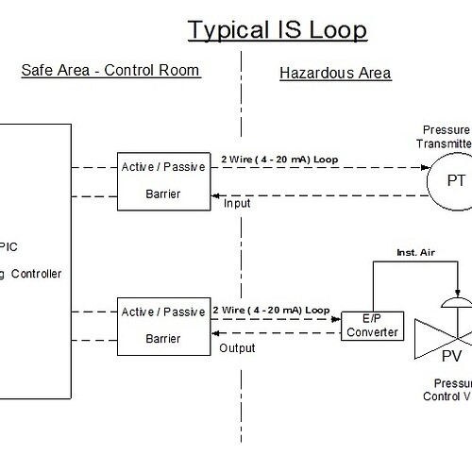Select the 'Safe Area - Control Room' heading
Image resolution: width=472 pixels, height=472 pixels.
pyautogui.click(x=110, y=72)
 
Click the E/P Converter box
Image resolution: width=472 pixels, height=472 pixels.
pyautogui.click(x=370, y=326)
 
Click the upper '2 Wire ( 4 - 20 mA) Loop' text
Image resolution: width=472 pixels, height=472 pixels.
pyautogui.click(x=276, y=158)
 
